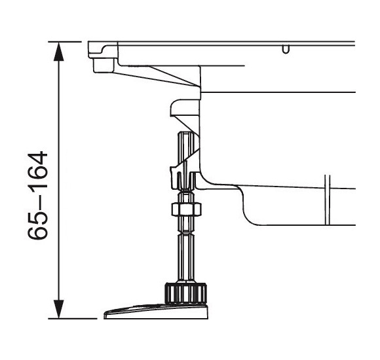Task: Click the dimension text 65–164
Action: point(40,196)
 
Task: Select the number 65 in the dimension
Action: point(40,226)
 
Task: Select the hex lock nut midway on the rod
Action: point(185,209)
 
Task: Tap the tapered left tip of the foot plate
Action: point(109,315)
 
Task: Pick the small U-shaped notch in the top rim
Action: point(285,49)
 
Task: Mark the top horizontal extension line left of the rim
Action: point(69,42)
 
